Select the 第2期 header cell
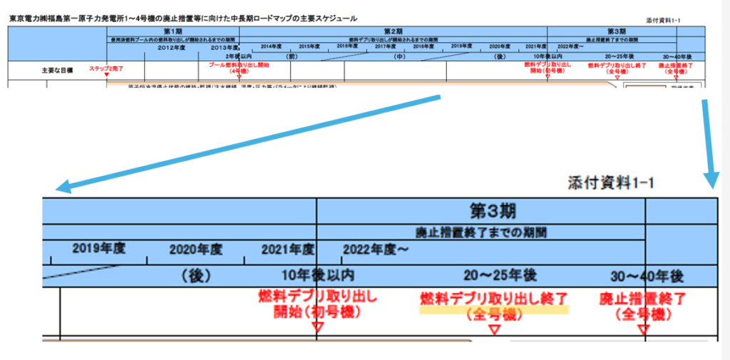pyautogui.click(x=394, y=31)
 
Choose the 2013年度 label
pyautogui.click(x=225, y=47)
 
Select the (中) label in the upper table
pyautogui.click(x=399, y=56)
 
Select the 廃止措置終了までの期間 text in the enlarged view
pyautogui.click(x=481, y=232)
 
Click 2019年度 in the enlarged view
pyautogui.click(x=99, y=250)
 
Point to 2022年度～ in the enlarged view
pyautogui.click(x=376, y=250)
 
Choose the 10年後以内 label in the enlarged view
pyautogui.click(x=319, y=275)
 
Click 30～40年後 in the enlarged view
pyautogui.click(x=647, y=276)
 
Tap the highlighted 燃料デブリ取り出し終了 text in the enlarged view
pyautogui.click(x=493, y=298)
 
